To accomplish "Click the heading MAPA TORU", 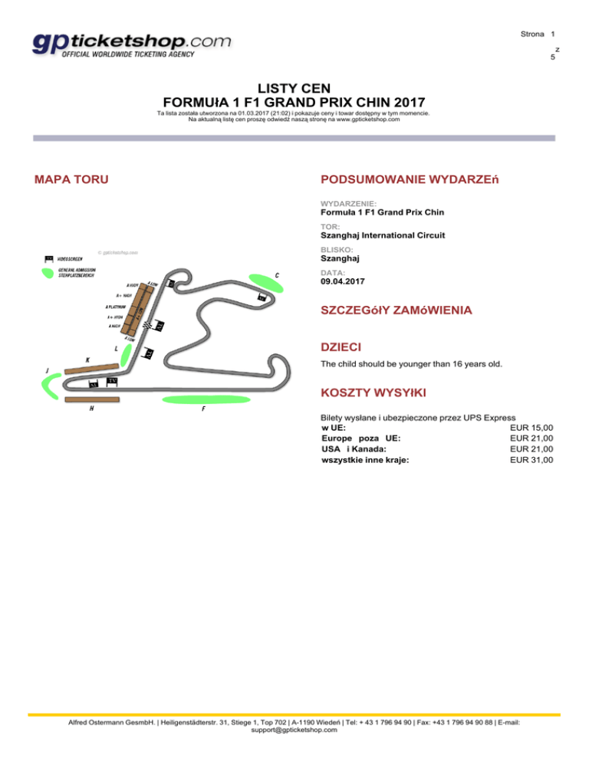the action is coord(71,179).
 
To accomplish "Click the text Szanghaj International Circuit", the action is coord(383,235).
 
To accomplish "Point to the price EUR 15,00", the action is coord(531,428).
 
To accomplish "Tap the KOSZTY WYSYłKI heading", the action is coord(373,393).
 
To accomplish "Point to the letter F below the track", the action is coord(203,409).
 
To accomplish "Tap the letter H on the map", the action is coord(91,408).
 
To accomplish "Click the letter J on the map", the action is coord(48,370).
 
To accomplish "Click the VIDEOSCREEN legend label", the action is coord(74,258).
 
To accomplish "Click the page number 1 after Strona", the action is coord(552,34).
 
